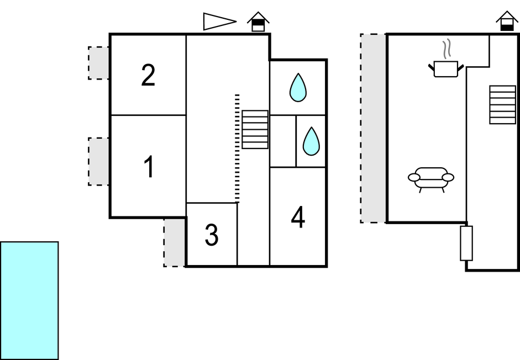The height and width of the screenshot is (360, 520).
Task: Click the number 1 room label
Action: tap(148, 168)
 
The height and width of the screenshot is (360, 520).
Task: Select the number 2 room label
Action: tap(148, 76)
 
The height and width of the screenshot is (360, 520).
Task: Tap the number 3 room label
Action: tap(212, 236)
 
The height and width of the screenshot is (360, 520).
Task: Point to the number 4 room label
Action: tap(298, 218)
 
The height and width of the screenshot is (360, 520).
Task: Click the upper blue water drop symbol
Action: tap(298, 88)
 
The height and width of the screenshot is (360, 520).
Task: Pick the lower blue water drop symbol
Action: tap(311, 141)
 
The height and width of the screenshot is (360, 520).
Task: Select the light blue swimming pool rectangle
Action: tap(29, 300)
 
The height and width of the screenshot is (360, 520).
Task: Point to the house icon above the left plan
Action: tap(258, 22)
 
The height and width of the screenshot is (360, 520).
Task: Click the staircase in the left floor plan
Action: tap(255, 130)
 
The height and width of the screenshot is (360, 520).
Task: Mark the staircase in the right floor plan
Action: tap(502, 104)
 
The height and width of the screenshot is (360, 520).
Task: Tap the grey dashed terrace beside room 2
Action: tap(99, 63)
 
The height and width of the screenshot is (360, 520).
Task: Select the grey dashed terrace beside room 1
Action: tap(99, 161)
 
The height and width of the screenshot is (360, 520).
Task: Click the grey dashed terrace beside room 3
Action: tap(175, 242)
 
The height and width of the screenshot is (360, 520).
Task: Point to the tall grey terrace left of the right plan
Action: tap(374, 128)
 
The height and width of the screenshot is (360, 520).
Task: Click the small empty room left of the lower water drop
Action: tap(282, 141)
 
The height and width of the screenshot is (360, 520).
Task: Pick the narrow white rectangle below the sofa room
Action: tap(466, 243)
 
